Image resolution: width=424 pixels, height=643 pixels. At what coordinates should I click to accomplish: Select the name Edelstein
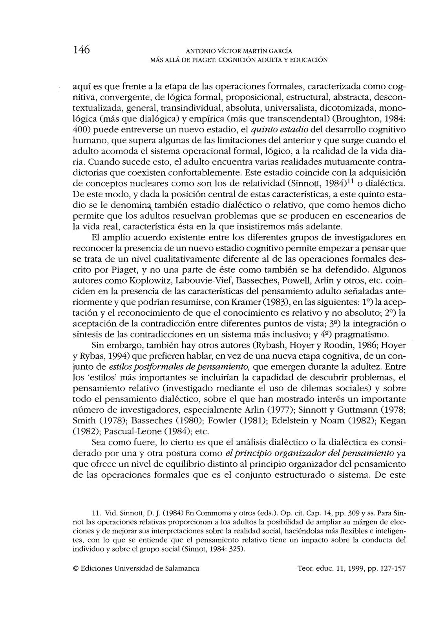280,420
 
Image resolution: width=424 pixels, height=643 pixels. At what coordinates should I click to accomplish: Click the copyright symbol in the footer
76,569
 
